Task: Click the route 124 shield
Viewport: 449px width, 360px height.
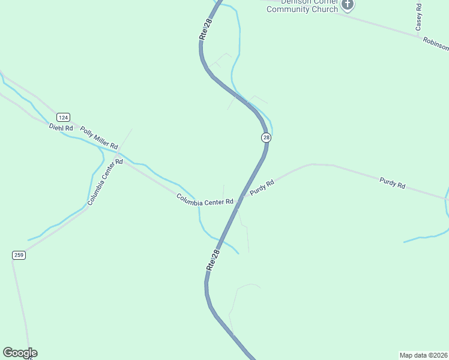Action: pos(64,116)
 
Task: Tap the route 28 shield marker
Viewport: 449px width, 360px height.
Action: pos(266,137)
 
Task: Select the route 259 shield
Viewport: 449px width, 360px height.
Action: pos(19,255)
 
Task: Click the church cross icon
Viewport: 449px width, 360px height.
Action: pos(348,5)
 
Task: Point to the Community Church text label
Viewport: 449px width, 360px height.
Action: pos(303,8)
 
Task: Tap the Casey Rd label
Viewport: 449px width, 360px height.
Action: pos(419,17)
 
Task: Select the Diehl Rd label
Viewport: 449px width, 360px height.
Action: pos(61,128)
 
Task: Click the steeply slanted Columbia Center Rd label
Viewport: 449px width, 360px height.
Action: pos(105,182)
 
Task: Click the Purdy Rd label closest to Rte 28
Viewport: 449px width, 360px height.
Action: pos(262,187)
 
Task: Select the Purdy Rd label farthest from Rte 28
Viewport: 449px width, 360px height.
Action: pos(393,182)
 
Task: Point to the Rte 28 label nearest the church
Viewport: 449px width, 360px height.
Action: pos(206,29)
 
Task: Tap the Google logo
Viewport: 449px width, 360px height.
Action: pos(20,353)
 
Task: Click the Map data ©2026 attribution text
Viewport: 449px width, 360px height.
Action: pos(423,355)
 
